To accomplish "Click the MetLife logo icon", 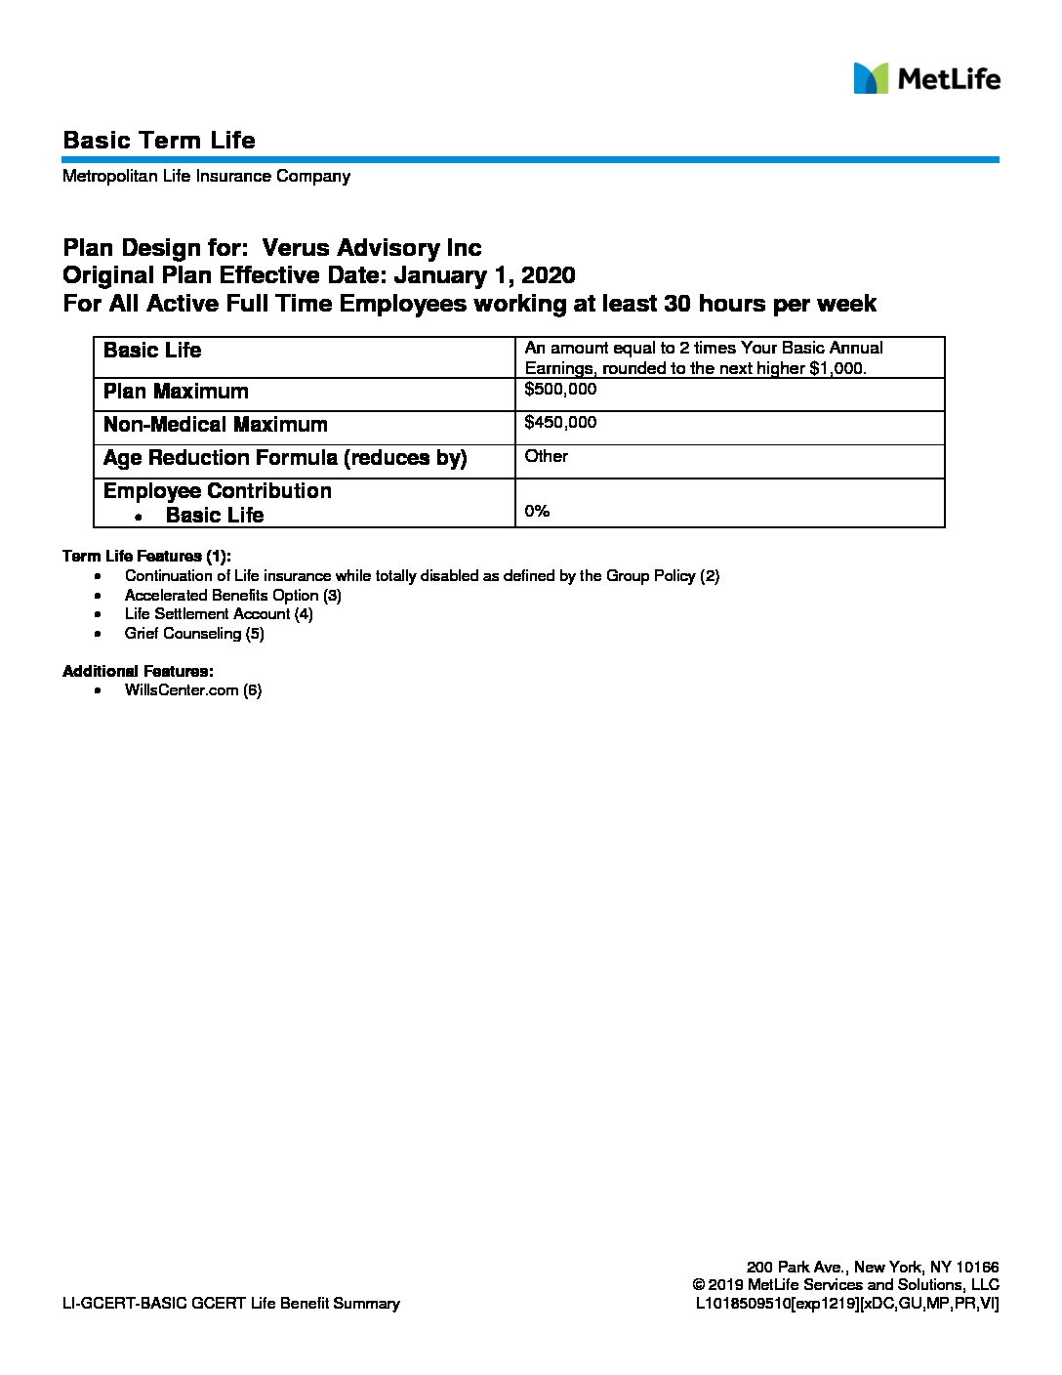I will [871, 78].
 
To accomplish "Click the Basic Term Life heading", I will [159, 141].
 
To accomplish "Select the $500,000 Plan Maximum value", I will [560, 389].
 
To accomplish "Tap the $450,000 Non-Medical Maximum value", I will [560, 422].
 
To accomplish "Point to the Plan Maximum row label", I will [176, 392].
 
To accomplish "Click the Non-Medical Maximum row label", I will [215, 425].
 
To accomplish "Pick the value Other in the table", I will [546, 456].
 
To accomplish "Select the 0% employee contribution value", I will [537, 511].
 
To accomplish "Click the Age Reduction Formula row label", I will [285, 458].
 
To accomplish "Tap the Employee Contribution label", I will [217, 491].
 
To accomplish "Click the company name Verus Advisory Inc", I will [372, 248].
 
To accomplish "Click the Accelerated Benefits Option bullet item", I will [232, 595].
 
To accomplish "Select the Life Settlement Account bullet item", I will [219, 614].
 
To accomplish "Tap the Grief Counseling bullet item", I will [194, 634].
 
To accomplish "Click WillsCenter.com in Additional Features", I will [193, 690].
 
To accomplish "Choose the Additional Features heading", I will [138, 671].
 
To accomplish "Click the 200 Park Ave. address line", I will [873, 1267].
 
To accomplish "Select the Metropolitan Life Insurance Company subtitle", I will [206, 177].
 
